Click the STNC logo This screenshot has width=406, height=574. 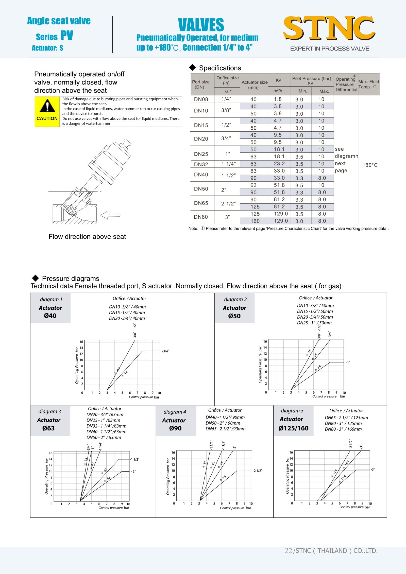(329, 28)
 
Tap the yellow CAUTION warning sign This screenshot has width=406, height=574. (47, 111)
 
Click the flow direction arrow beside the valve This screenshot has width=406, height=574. (110, 215)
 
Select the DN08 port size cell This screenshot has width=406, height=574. (201, 99)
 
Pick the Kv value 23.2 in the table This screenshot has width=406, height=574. (279, 164)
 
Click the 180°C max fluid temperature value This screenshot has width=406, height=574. (370, 165)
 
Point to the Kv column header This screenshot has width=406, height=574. (278, 80)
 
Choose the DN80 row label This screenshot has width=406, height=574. (201, 217)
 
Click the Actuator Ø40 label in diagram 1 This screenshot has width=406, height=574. (50, 312)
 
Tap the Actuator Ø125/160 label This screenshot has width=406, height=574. (293, 424)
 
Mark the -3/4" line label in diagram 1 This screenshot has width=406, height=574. (165, 351)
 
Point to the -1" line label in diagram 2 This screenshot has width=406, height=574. (348, 362)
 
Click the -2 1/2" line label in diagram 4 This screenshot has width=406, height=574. (258, 471)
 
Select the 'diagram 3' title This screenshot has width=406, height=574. (50, 411)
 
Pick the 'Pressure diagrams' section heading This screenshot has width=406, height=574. (71, 279)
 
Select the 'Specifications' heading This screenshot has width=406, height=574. (220, 68)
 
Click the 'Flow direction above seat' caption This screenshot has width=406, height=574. (87, 237)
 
